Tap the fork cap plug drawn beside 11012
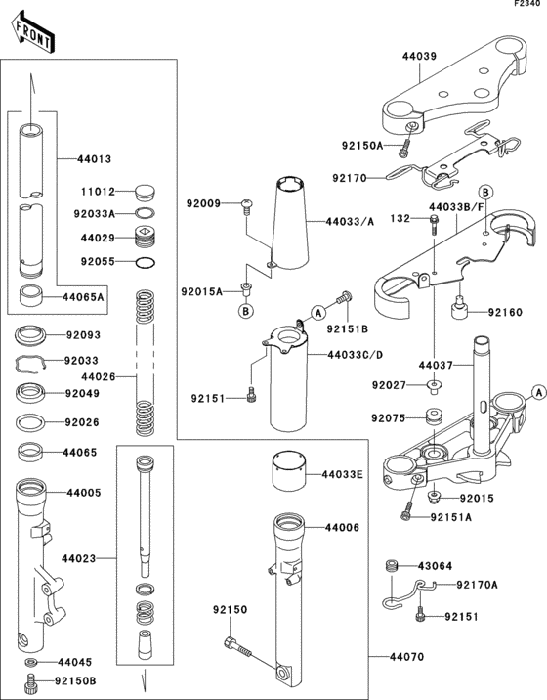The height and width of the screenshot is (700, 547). click(x=143, y=193)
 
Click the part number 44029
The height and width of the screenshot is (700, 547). click(x=97, y=238)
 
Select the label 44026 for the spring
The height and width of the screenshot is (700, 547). click(x=97, y=376)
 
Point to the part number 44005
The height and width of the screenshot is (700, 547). click(x=83, y=494)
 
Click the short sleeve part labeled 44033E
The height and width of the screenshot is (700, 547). click(x=289, y=473)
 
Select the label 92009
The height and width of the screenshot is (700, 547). click(x=204, y=203)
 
